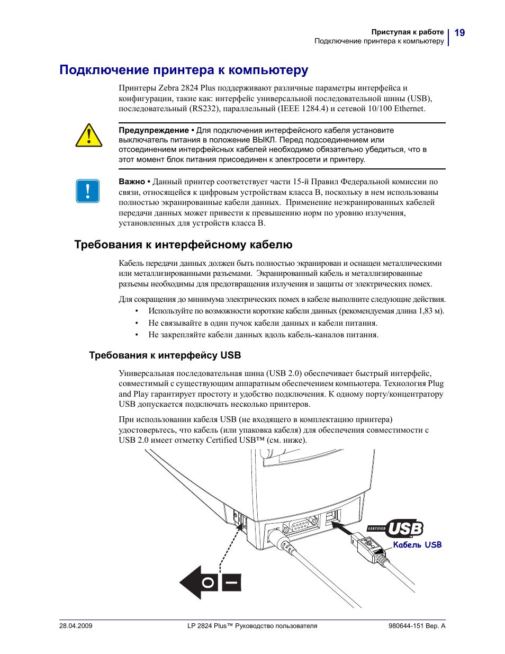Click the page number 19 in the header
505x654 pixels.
[x=459, y=33]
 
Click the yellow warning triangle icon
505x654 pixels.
[x=89, y=136]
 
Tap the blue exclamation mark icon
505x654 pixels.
[x=88, y=191]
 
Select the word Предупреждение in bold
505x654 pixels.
[x=154, y=130]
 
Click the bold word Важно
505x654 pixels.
[x=132, y=182]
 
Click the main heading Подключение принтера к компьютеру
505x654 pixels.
[x=184, y=70]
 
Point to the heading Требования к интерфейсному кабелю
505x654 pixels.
[x=183, y=245]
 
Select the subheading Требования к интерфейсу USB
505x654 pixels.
[x=165, y=355]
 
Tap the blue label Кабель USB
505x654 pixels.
[x=417, y=545]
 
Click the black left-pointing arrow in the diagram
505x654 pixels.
[x=192, y=583]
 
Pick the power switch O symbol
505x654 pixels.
[x=209, y=583]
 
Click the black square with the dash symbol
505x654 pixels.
[x=231, y=583]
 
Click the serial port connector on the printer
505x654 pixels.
[x=301, y=526]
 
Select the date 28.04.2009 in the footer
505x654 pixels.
[x=76, y=626]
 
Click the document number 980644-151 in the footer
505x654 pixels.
[x=406, y=626]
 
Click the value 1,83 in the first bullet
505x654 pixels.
[x=425, y=311]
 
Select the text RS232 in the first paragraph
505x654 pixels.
[x=204, y=109]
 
